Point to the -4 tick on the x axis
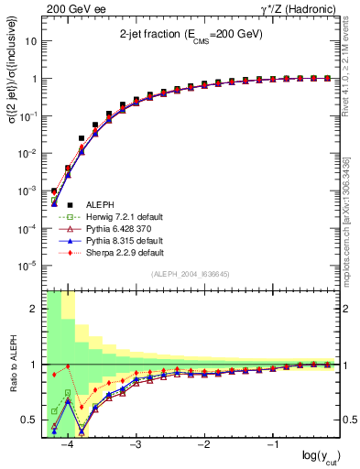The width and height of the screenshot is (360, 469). click(68, 444)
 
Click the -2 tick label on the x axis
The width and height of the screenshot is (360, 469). click(203, 444)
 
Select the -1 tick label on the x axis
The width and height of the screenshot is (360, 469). click(271, 444)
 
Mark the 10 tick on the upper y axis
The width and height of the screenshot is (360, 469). click(32, 41)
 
